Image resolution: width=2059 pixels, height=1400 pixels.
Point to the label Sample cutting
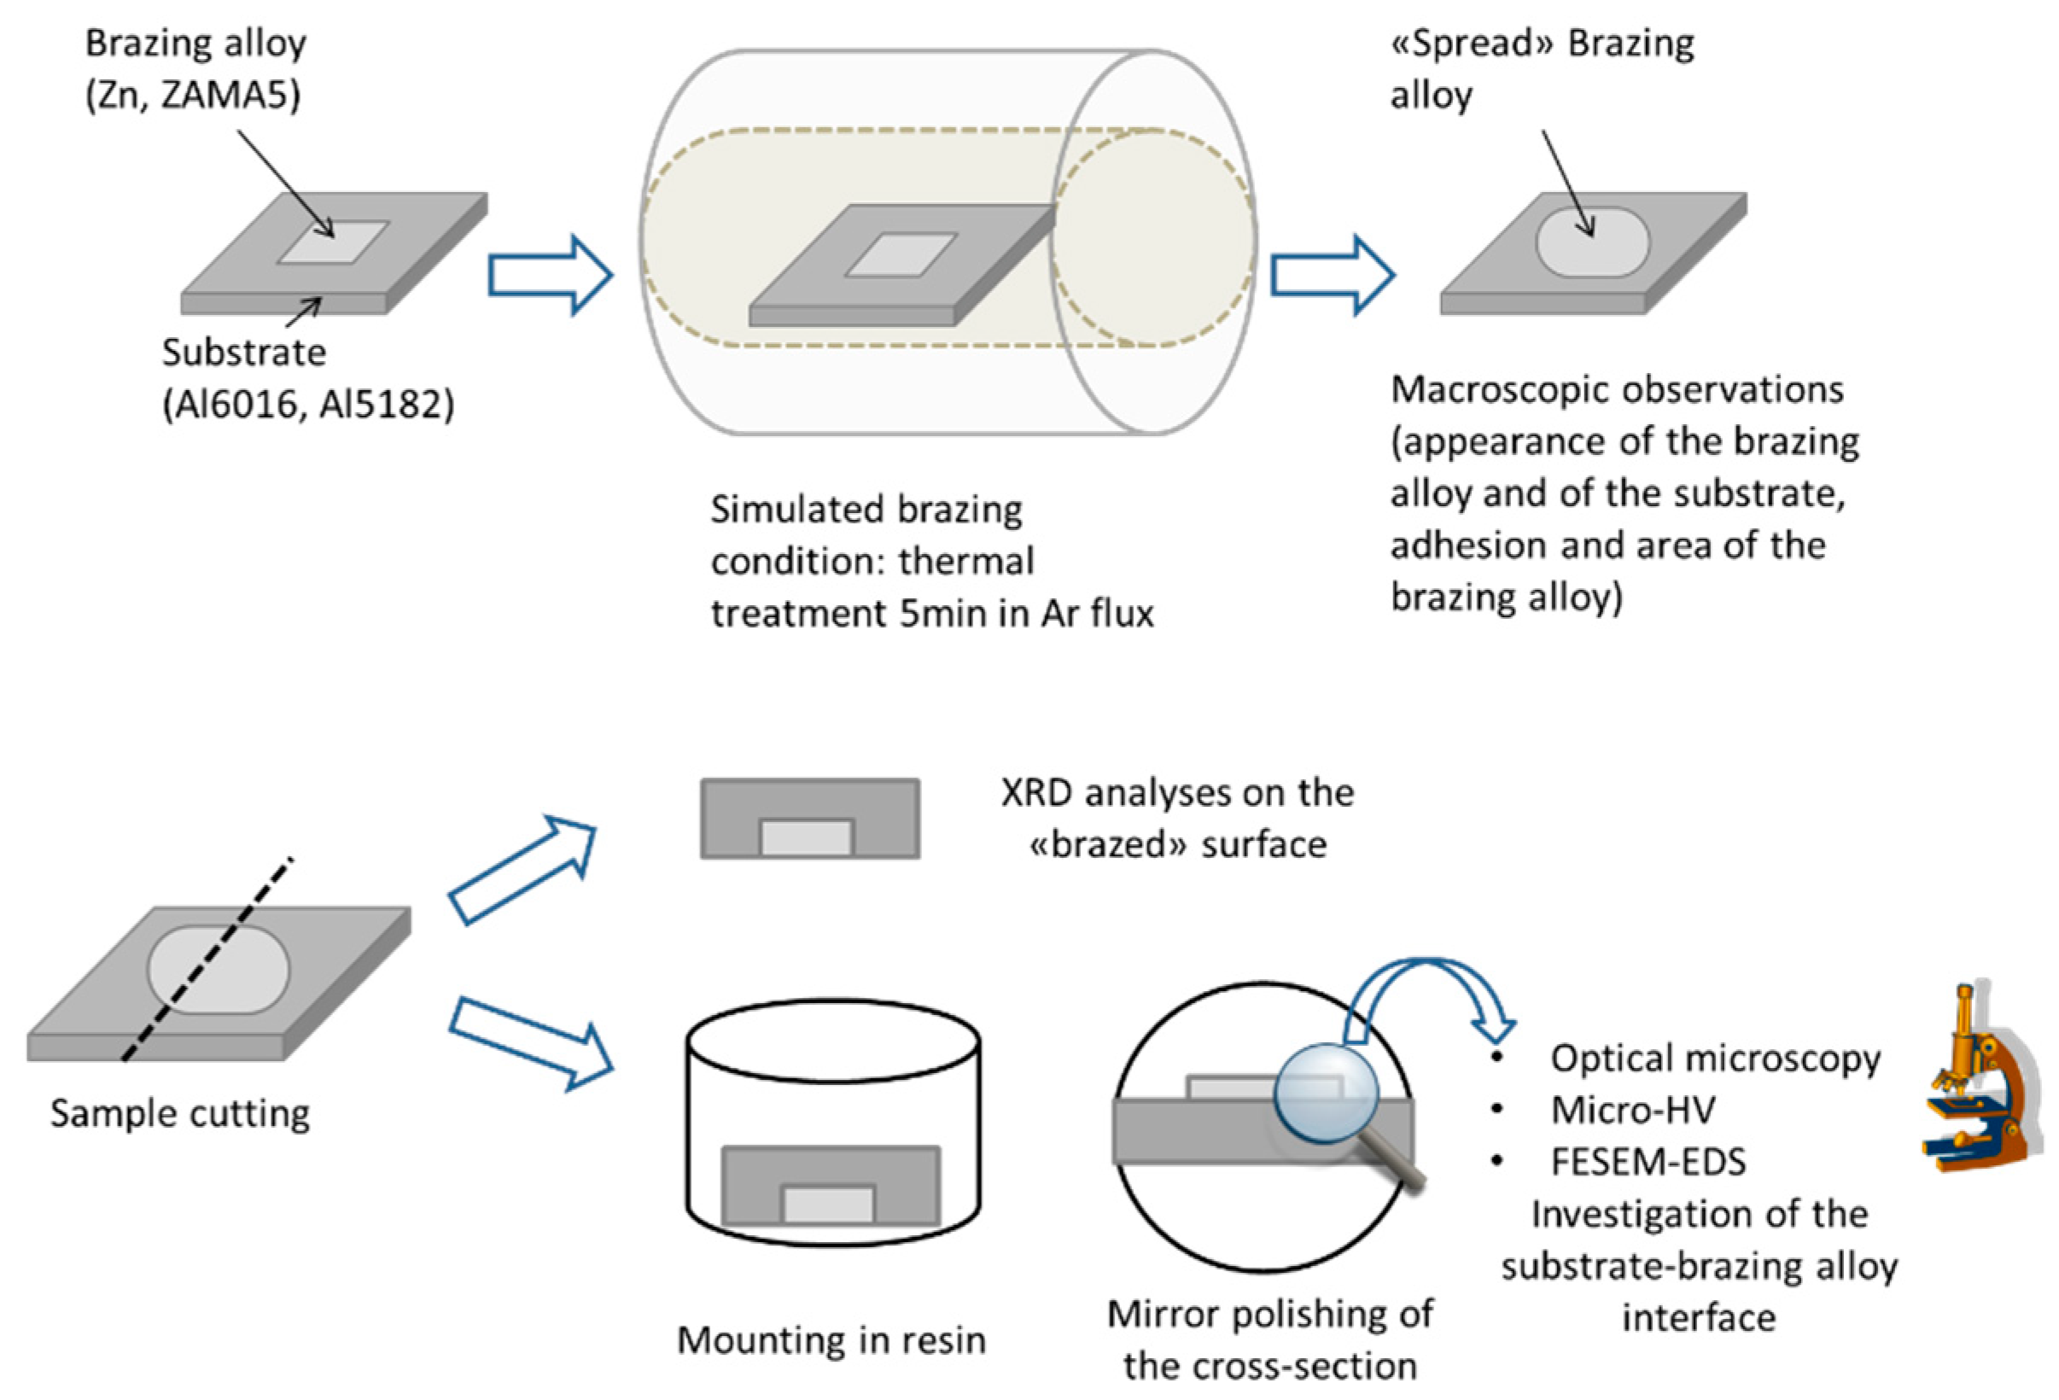click(180, 1114)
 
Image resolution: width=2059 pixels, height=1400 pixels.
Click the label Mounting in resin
click(831, 1339)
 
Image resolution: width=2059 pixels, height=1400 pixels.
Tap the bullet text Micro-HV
click(1633, 1110)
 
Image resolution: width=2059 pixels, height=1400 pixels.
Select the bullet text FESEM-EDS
click(1648, 1162)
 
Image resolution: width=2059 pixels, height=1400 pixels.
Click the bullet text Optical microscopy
click(1715, 1058)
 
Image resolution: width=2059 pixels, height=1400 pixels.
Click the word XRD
click(1037, 793)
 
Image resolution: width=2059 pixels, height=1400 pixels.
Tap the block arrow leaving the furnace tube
click(1333, 275)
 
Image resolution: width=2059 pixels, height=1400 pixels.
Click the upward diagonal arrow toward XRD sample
click(522, 869)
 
